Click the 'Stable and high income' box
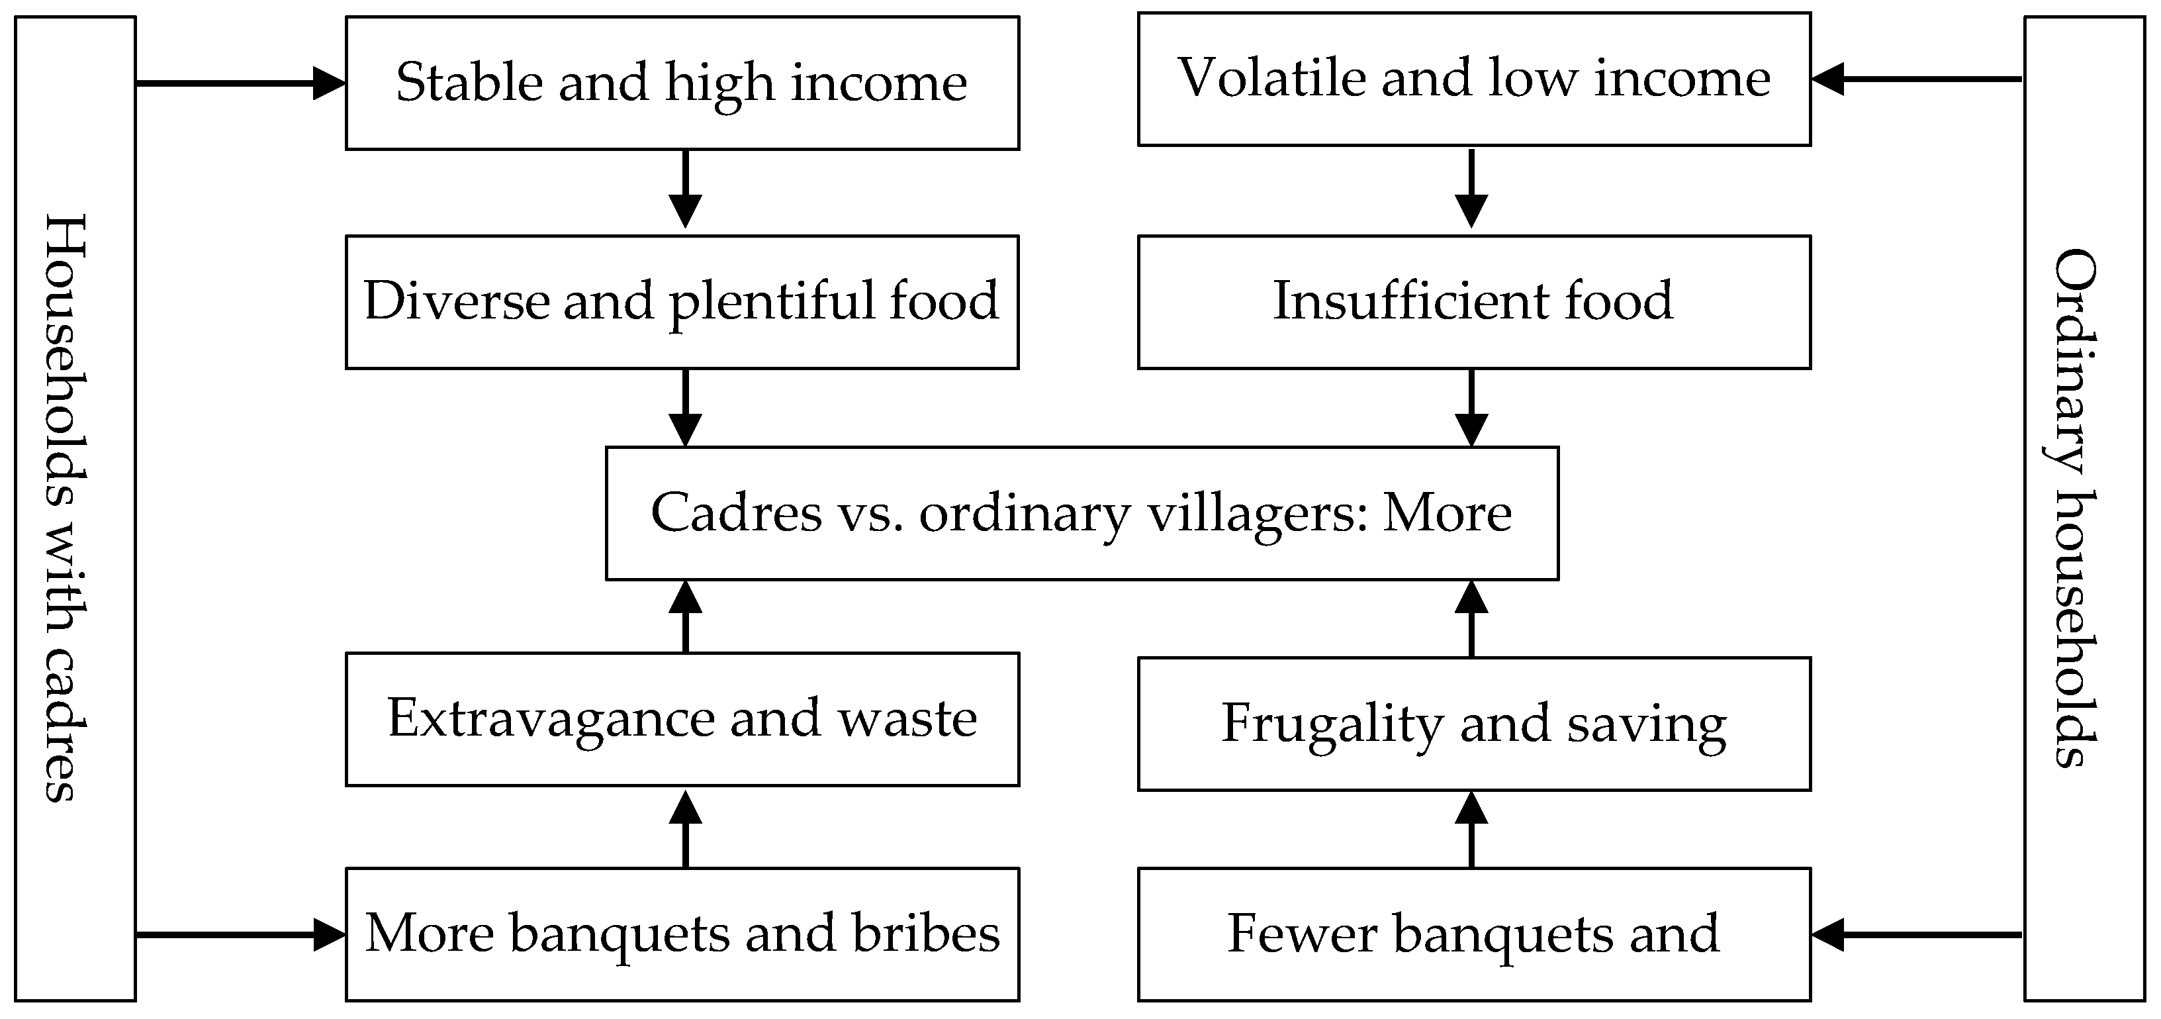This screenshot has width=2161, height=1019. point(682,83)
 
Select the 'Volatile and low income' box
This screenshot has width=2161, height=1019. point(1474,79)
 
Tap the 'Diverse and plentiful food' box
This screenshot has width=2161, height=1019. point(682,302)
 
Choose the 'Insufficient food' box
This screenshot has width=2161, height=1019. point(1474,302)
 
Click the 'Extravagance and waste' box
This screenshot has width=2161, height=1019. point(682,719)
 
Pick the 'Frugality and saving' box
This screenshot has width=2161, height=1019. point(1474,724)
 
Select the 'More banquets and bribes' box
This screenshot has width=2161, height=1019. point(682,934)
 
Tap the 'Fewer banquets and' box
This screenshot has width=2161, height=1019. point(1474,934)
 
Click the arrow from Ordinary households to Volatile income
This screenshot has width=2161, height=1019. point(1917,79)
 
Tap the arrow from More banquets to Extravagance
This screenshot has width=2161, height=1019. point(686,829)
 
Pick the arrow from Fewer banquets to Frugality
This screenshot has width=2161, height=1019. point(1471,829)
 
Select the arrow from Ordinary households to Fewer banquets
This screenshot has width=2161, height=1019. point(1917,934)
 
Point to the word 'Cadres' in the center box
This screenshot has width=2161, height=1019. point(737,514)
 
